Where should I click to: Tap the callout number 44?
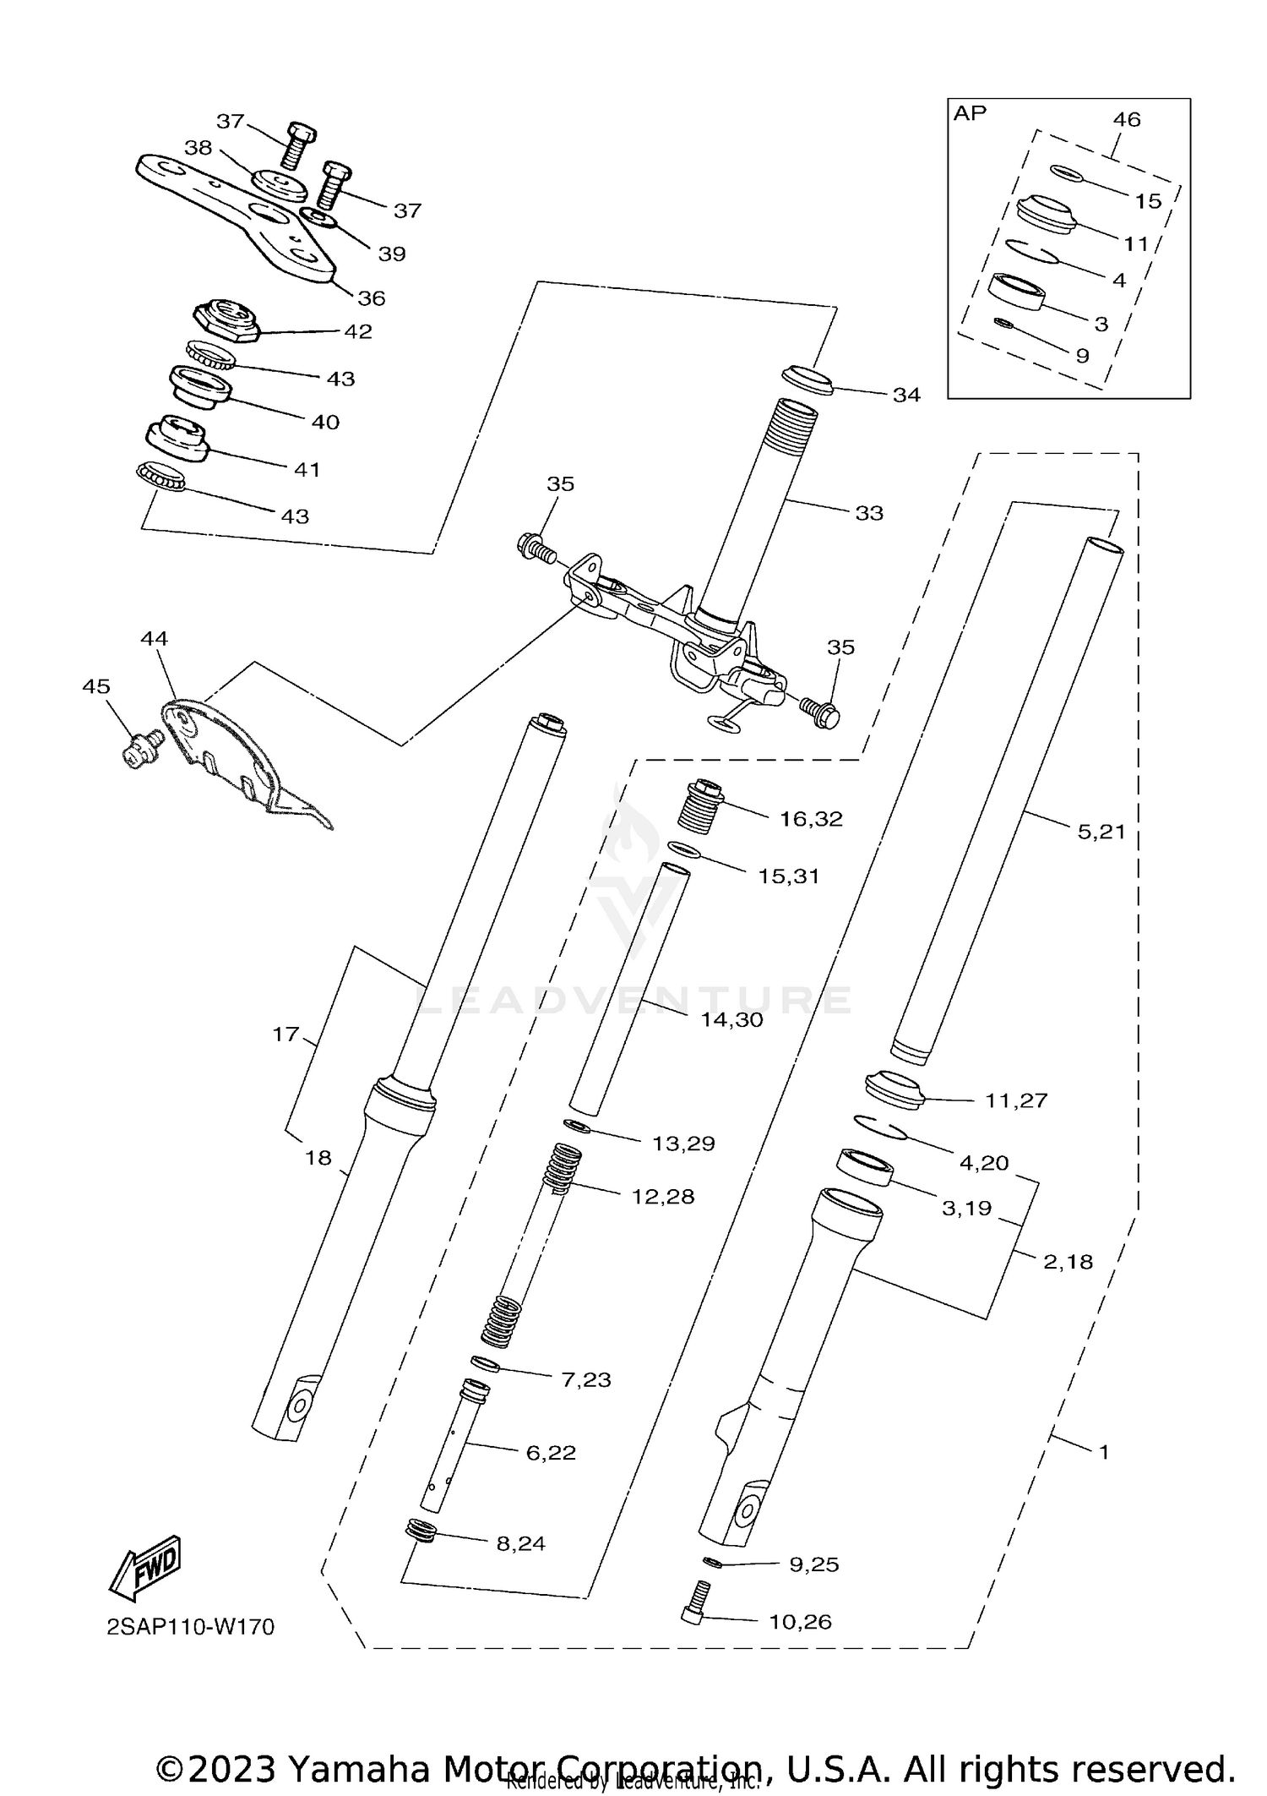click(x=155, y=639)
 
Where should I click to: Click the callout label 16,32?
click(x=811, y=819)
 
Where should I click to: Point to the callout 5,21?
click(x=1101, y=832)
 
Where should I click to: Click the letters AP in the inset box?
click(x=970, y=113)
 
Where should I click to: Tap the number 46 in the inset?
click(x=1127, y=119)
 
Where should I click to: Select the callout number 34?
click(x=906, y=395)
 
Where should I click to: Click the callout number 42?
click(x=358, y=331)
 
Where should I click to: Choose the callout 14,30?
click(x=731, y=1020)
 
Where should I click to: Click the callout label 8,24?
click(x=520, y=1543)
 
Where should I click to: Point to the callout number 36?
click(x=372, y=298)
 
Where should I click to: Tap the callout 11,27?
click(x=1016, y=1100)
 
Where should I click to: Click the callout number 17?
click(x=286, y=1034)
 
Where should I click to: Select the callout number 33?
click(x=869, y=513)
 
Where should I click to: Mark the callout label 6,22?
click(x=551, y=1453)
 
